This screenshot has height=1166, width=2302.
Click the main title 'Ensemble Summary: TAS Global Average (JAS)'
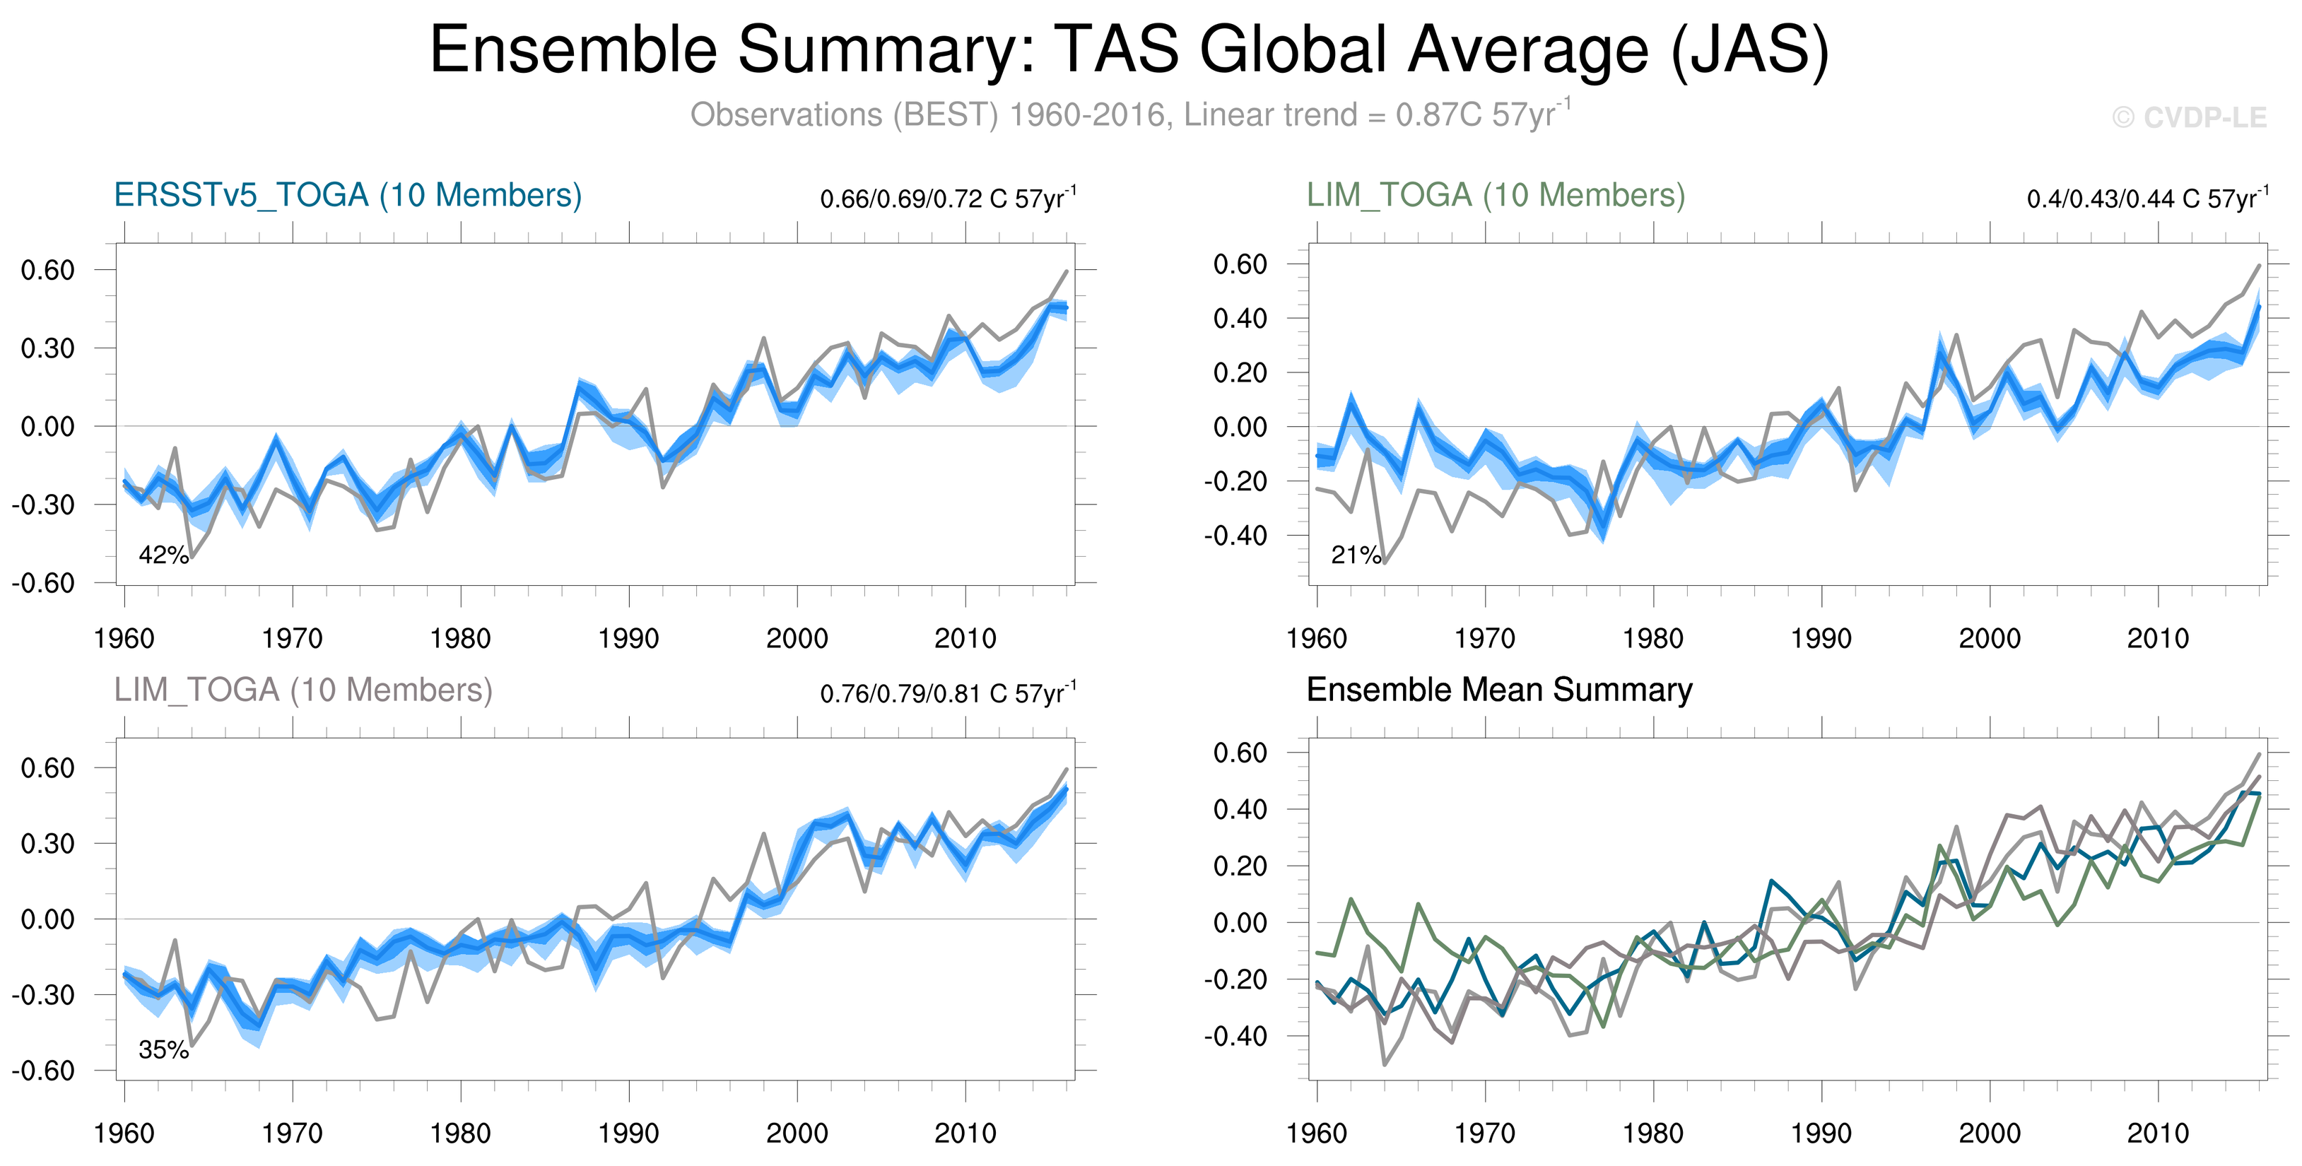point(1129,50)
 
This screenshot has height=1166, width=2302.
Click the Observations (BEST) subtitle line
point(1129,115)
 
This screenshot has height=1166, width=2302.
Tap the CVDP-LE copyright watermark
point(2190,117)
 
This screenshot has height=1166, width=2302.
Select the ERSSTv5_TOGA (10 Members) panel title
point(348,195)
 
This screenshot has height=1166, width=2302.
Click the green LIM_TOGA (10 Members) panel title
point(1495,195)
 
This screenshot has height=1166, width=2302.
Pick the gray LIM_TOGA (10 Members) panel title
point(303,690)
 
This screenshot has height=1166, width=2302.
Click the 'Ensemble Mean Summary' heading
point(1498,690)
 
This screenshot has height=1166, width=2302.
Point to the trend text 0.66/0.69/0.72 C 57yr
point(947,199)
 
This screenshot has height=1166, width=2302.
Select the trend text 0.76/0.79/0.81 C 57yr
point(947,693)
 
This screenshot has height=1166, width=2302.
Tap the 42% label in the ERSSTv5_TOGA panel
point(163,555)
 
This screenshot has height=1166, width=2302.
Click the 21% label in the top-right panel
point(1356,555)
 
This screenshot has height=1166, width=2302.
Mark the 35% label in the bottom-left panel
point(163,1050)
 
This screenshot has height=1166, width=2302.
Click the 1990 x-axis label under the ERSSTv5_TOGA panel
point(628,638)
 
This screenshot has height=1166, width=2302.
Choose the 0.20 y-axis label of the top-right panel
point(1240,372)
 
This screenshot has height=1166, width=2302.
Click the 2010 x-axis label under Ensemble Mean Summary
point(2157,1133)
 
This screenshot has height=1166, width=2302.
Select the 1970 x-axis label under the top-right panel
point(1484,638)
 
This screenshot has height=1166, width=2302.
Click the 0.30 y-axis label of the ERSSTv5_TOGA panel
point(47,348)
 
